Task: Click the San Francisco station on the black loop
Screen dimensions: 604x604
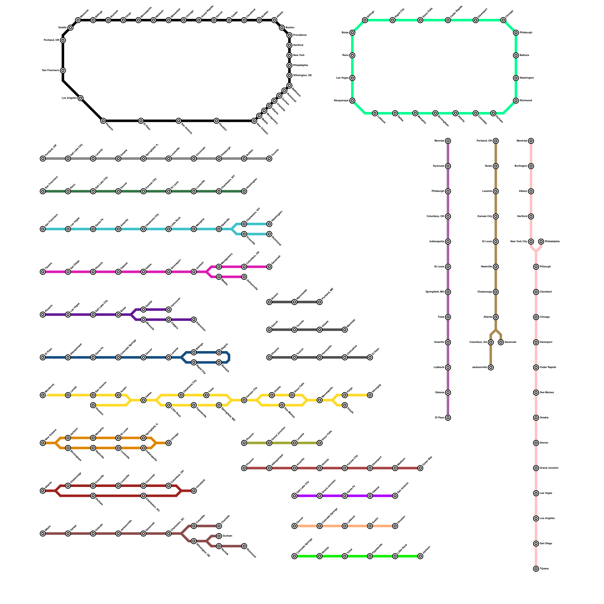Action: pyautogui.click(x=63, y=71)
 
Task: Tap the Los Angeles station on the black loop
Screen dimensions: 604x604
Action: pyautogui.click(x=80, y=98)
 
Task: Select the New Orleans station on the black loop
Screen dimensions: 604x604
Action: pyautogui.click(x=254, y=121)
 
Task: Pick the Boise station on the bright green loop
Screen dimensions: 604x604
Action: pyautogui.click(x=352, y=33)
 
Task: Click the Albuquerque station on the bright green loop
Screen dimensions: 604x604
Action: pyautogui.click(x=352, y=101)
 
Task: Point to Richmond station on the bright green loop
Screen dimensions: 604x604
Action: pyautogui.click(x=516, y=101)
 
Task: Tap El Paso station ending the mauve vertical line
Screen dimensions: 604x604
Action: pyautogui.click(x=448, y=418)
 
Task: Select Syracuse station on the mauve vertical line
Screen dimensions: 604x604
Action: pyautogui.click(x=448, y=166)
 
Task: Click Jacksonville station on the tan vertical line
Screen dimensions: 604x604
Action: pyautogui.click(x=490, y=367)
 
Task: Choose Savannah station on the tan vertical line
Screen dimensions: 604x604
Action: pyautogui.click(x=501, y=342)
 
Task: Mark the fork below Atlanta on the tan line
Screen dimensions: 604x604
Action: pyautogui.click(x=496, y=330)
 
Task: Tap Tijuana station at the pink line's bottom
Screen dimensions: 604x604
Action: pyautogui.click(x=536, y=569)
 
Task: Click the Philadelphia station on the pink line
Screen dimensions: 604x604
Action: pyautogui.click(x=541, y=242)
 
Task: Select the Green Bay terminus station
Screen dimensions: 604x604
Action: pyautogui.click(x=420, y=468)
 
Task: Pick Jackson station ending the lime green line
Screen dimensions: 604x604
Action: pyautogui.click(x=420, y=556)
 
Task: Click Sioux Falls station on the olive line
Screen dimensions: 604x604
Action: pyautogui.click(x=319, y=443)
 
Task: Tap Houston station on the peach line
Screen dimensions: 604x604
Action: pyautogui.click(x=395, y=526)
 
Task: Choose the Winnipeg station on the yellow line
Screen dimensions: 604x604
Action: pyautogui.click(x=370, y=395)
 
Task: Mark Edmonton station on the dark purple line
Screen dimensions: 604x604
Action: pyautogui.click(x=194, y=320)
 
